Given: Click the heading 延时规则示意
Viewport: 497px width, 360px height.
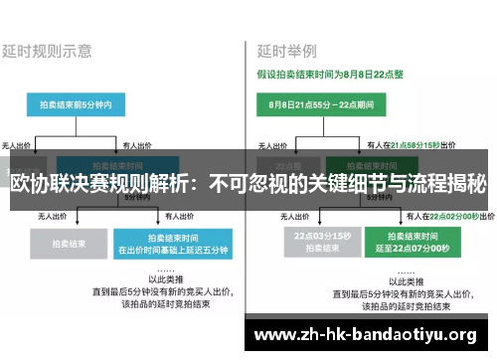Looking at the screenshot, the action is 49,49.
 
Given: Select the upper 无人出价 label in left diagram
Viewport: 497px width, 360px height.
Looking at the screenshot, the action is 21,144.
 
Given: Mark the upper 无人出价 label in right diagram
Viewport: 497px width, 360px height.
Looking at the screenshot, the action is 261,144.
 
